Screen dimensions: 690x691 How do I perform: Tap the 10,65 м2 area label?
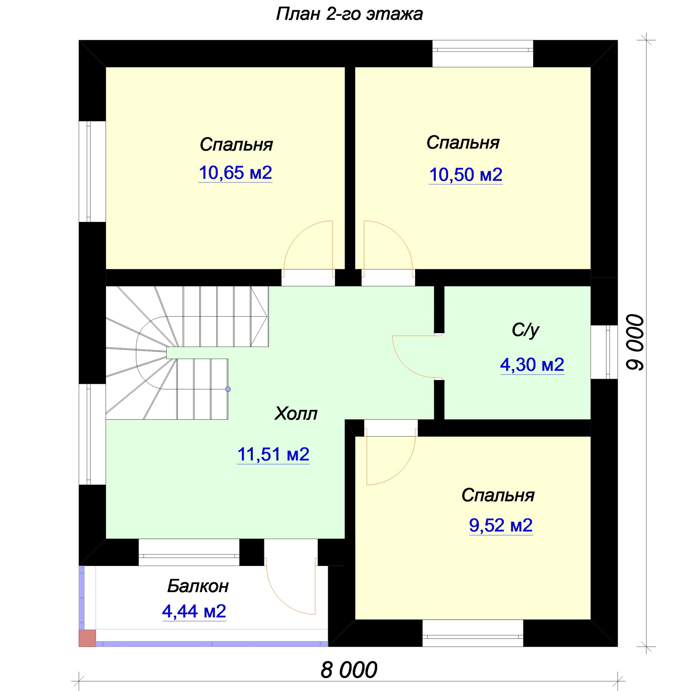(235, 173)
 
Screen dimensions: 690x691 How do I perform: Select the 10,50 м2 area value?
(465, 175)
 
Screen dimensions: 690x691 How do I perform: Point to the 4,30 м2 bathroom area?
(532, 364)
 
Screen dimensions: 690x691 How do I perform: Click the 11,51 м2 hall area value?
(273, 454)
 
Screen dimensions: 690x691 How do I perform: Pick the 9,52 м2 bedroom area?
(501, 525)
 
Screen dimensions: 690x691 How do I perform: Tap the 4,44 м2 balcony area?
(194, 611)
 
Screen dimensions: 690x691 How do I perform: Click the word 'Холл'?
(296, 414)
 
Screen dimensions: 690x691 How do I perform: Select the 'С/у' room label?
(525, 330)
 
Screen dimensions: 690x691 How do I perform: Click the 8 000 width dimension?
(349, 670)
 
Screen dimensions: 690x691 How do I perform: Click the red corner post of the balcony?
(87, 638)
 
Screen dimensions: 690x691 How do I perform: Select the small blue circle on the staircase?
(228, 389)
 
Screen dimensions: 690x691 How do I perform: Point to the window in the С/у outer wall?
(604, 352)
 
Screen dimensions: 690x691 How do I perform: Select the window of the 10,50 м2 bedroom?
(482, 54)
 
